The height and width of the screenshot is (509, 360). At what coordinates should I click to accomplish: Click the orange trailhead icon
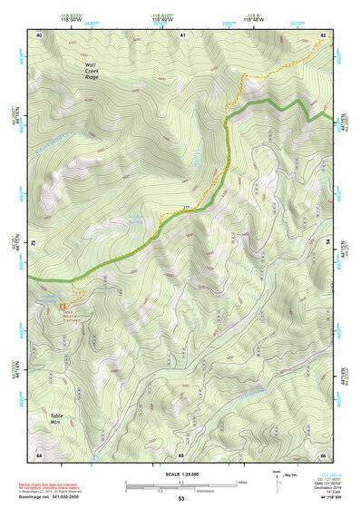click(63, 307)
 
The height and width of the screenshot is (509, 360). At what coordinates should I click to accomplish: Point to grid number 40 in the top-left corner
click(39, 34)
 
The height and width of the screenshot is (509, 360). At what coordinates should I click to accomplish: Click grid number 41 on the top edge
click(181, 34)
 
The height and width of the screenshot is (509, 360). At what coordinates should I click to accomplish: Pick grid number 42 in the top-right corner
click(323, 34)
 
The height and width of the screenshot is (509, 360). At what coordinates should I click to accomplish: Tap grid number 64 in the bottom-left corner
click(39, 455)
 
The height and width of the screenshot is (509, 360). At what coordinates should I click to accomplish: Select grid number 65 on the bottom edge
click(181, 455)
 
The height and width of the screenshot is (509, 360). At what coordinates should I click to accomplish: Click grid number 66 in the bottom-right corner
click(323, 455)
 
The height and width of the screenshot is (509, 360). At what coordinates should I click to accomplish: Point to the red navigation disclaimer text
click(54, 484)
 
